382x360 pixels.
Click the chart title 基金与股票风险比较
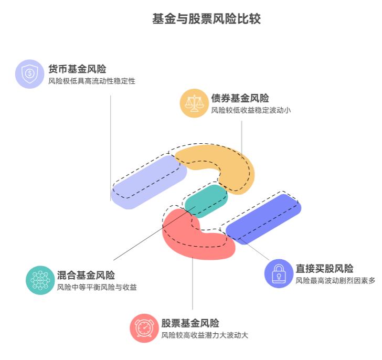(x=206, y=19)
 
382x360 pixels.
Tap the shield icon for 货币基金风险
(x=30, y=73)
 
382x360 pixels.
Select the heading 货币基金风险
(x=77, y=69)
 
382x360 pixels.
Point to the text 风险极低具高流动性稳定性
(x=92, y=81)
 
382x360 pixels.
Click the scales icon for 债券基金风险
(x=194, y=103)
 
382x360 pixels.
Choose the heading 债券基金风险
(x=240, y=98)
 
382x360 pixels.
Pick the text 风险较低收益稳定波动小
(x=251, y=111)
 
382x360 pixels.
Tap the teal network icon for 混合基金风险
(x=40, y=280)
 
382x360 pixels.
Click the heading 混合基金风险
(x=86, y=275)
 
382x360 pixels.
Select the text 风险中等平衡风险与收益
(x=97, y=288)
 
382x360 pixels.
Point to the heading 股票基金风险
(x=190, y=323)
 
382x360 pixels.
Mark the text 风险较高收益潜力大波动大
(x=205, y=336)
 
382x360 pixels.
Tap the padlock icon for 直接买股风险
(x=279, y=273)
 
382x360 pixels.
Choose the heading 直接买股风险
(x=324, y=269)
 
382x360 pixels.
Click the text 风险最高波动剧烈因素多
(x=335, y=281)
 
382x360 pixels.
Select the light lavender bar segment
(x=148, y=181)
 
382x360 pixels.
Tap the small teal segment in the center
(x=206, y=200)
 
